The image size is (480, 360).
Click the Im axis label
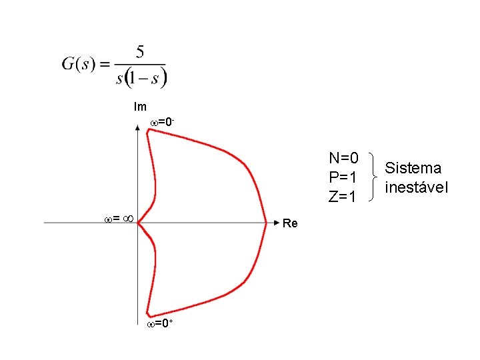click(x=140, y=107)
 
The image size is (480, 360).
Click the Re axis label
click(x=290, y=223)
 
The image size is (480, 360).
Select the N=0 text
click(x=344, y=158)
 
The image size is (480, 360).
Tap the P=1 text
click(x=344, y=177)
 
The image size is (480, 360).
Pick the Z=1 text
click(x=344, y=197)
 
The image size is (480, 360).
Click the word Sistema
click(x=413, y=167)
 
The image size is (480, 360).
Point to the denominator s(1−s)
click(x=141, y=78)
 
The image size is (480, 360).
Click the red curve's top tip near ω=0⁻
click(x=149, y=131)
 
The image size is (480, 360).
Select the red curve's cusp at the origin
click(x=139, y=223)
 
